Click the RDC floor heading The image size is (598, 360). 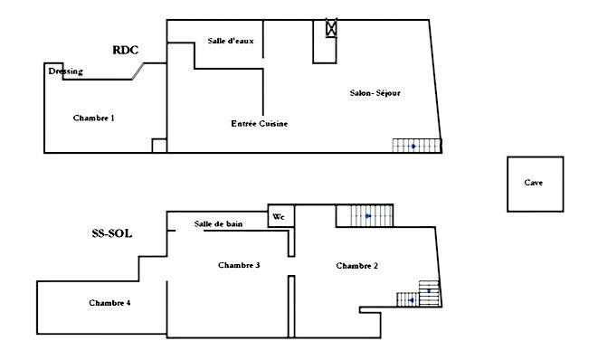(x=125, y=51)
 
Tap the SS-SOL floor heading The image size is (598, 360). (x=111, y=232)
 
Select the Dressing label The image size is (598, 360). (x=64, y=72)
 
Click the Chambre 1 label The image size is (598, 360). (x=93, y=118)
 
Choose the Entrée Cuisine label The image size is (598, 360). (x=260, y=123)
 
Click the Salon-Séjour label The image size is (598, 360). (x=375, y=93)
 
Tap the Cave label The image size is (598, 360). (x=534, y=183)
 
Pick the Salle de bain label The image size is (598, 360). (x=217, y=224)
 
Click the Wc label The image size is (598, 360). (x=280, y=217)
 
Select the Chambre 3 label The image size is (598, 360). (x=239, y=265)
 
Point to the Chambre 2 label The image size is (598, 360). (x=356, y=266)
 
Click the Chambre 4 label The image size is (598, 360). (x=109, y=302)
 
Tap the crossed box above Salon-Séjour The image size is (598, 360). (x=331, y=29)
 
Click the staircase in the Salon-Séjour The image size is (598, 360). (x=415, y=146)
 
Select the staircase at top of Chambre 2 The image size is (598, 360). (x=365, y=216)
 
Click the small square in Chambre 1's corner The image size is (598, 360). (x=159, y=146)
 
